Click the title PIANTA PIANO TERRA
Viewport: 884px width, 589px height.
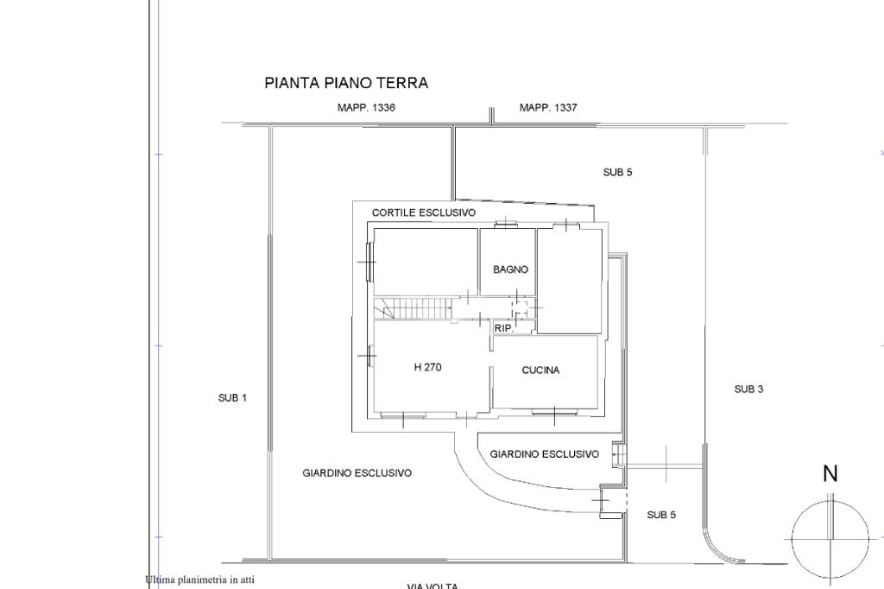tap(346, 83)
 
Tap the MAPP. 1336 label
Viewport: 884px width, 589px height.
tap(366, 108)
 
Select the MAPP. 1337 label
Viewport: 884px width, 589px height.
tap(548, 108)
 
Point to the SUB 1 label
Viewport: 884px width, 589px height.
tap(232, 398)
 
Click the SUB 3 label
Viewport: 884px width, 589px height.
tap(748, 389)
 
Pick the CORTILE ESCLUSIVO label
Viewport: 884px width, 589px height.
tap(423, 212)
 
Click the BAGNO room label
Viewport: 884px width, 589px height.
tap(510, 269)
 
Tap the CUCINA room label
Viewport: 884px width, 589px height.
tap(540, 370)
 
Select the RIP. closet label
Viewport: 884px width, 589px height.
tap(503, 328)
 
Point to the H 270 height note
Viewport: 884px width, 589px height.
tap(427, 367)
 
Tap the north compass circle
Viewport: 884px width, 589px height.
tap(830, 539)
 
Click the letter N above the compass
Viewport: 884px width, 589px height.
tap(830, 473)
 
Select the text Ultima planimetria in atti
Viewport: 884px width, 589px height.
tap(200, 579)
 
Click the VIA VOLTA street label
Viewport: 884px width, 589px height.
tap(433, 586)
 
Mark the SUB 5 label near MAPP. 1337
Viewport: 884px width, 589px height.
tap(617, 173)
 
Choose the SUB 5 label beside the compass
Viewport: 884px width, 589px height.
tap(661, 516)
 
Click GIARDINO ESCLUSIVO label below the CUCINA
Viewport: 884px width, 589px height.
tap(544, 454)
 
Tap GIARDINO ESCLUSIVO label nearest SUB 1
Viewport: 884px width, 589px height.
tap(357, 473)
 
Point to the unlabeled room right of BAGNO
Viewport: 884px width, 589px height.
tap(569, 280)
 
